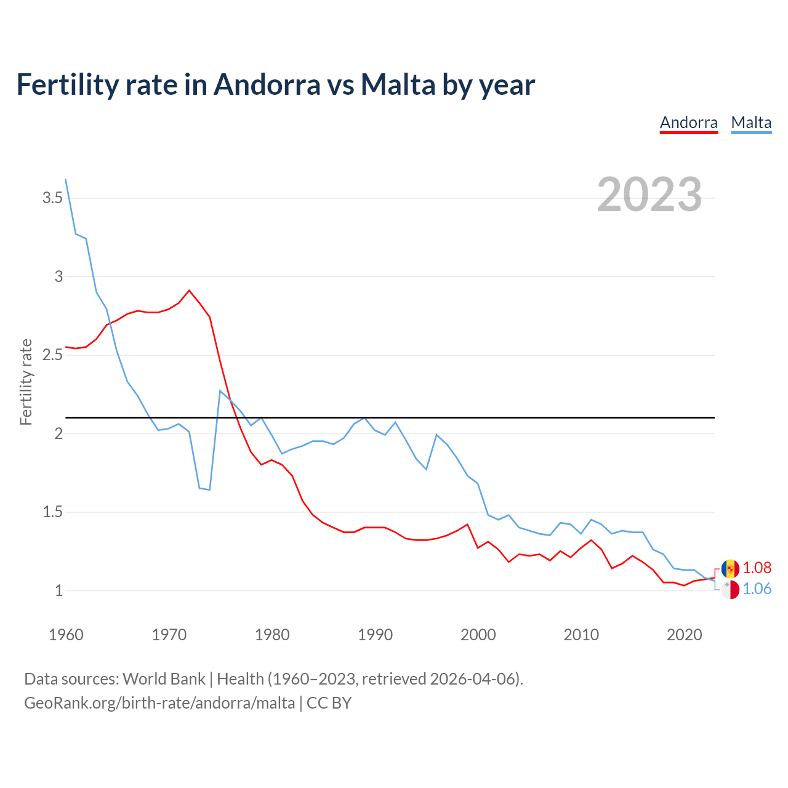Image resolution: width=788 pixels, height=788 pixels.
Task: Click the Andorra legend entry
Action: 688,123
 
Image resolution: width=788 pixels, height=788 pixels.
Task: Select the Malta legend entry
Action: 751,123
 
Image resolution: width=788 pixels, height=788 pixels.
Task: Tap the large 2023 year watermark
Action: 649,195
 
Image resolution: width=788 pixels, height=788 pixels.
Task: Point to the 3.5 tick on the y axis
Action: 52,198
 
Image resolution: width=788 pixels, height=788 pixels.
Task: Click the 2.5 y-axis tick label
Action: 52,355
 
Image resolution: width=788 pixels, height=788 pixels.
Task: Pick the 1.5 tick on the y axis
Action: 52,512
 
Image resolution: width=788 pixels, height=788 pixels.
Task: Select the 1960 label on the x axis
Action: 66,635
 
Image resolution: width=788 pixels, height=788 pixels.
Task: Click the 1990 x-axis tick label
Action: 375,635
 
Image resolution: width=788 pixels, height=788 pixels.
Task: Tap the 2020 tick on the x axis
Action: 684,635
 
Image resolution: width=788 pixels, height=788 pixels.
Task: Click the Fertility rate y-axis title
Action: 26,382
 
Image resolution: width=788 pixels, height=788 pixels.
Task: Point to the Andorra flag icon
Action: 730,568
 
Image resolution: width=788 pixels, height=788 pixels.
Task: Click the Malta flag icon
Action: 730,590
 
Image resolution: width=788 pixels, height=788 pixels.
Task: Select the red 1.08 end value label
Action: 757,568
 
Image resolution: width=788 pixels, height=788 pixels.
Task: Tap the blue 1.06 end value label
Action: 757,589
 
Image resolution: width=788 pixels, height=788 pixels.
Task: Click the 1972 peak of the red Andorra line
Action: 189,290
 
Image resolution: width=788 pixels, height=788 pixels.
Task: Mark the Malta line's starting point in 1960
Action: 66,180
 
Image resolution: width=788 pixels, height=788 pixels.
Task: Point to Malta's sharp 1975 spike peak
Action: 220,390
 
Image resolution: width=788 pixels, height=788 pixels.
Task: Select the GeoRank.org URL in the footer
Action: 159,703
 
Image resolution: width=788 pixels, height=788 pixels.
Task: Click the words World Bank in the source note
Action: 164,679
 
